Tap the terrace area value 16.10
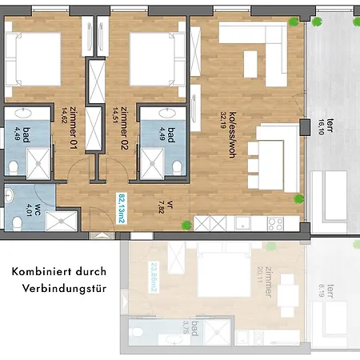coord(321,127)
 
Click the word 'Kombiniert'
coord(42,272)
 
